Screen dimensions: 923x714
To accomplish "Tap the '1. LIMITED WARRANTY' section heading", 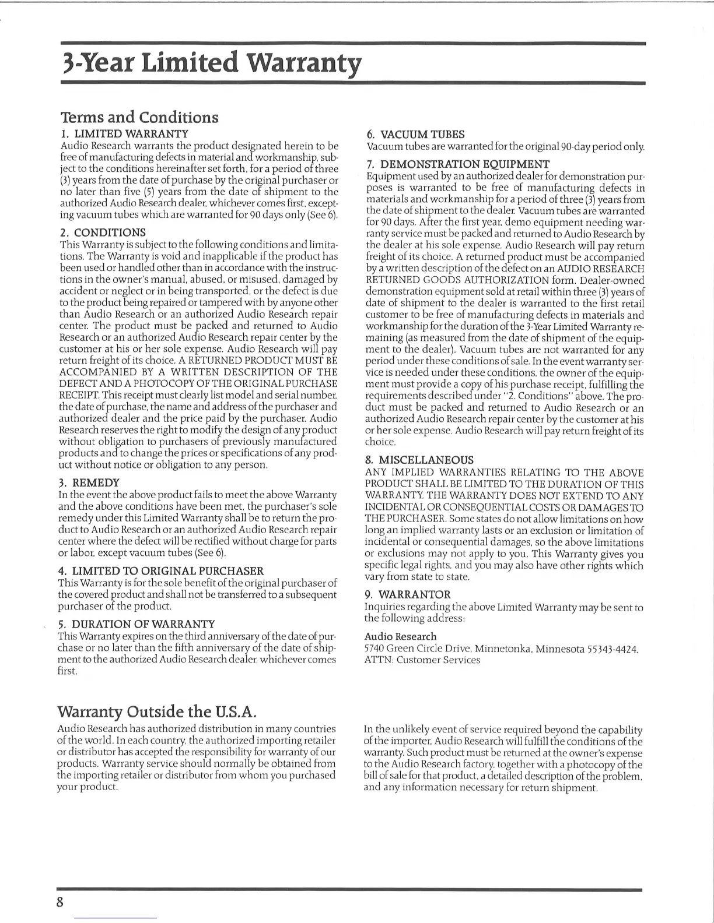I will [124, 134].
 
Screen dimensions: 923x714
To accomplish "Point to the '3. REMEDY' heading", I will [89, 482].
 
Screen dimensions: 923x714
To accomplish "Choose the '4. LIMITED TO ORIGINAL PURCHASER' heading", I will [161, 571].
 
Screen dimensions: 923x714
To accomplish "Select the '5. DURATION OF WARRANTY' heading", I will [136, 624].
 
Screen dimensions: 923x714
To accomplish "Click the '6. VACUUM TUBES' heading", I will [415, 135].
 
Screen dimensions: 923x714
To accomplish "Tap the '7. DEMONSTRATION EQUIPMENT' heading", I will [457, 164].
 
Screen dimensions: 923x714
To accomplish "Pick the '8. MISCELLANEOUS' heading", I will [419, 460].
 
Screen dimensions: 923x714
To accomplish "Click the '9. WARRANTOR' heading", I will [407, 594].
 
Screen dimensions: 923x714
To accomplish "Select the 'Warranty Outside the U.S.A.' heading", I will [157, 711].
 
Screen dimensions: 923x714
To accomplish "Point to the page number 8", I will [59, 902].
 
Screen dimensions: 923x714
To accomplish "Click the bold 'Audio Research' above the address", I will [400, 636].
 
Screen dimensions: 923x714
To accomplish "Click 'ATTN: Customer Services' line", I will [422, 660].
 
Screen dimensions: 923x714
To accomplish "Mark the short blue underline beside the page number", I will [116, 918].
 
